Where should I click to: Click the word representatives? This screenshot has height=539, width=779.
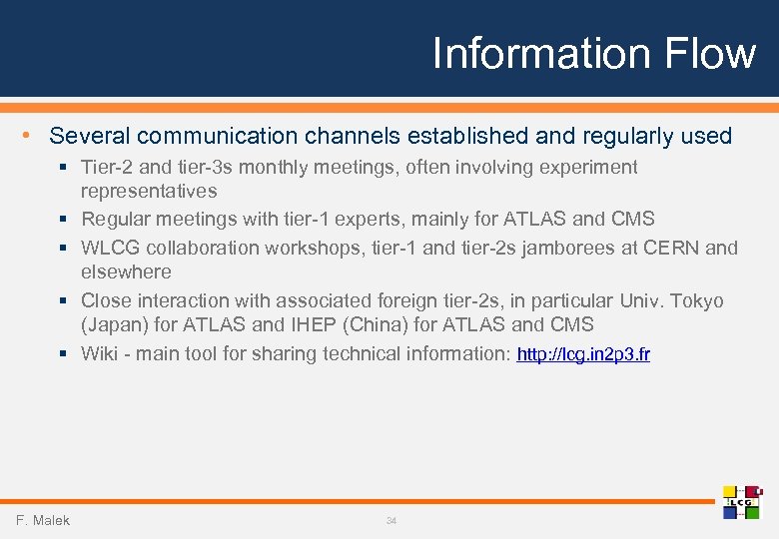pos(149,191)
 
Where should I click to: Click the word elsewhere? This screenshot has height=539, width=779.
pos(126,271)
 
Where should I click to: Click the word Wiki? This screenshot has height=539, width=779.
pos(100,353)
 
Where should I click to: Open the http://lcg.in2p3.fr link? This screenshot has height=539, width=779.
pos(583,354)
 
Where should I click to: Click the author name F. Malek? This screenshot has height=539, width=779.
pos(43,520)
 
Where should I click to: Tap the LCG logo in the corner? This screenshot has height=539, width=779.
pos(742,502)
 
